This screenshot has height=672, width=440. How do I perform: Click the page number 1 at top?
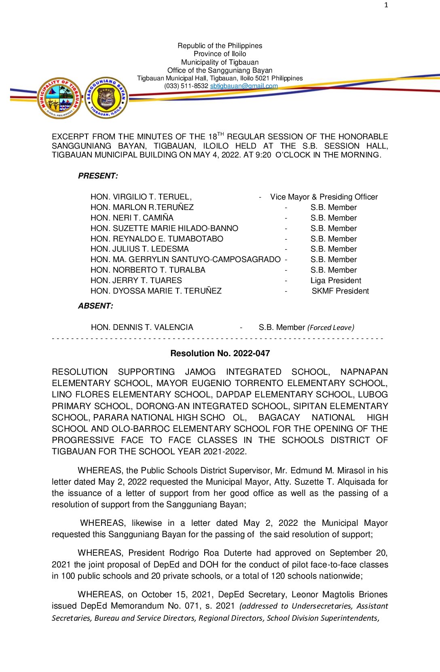[x=386, y=5]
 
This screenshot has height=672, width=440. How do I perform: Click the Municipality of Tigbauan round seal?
[x=59, y=98]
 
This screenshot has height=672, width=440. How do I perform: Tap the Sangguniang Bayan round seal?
[x=106, y=98]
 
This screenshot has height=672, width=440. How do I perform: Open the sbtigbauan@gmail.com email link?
[x=244, y=86]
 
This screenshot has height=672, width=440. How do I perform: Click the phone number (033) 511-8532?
[x=186, y=86]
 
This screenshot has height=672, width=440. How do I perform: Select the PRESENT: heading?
[x=98, y=176]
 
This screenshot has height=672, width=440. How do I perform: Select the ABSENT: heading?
[x=95, y=306]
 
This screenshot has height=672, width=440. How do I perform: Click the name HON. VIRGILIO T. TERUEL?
[x=141, y=197]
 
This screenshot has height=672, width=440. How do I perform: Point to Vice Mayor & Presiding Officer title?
[x=324, y=197]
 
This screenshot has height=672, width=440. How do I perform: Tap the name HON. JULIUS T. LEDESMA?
[x=140, y=249]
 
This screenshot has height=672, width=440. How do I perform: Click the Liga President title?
[x=336, y=281]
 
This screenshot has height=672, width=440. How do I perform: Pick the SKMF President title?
[x=340, y=291]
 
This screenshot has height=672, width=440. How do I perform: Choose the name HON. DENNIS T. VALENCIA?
[x=142, y=328]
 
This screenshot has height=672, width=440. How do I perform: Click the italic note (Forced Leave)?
[x=331, y=328]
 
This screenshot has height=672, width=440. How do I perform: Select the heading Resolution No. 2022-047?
[x=220, y=353]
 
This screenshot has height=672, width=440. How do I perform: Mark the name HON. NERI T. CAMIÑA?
[x=132, y=218]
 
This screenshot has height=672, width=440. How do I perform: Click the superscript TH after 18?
[x=220, y=134]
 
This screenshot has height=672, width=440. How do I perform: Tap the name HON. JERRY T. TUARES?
[x=136, y=281]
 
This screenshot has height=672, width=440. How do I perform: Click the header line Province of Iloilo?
[x=220, y=54]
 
